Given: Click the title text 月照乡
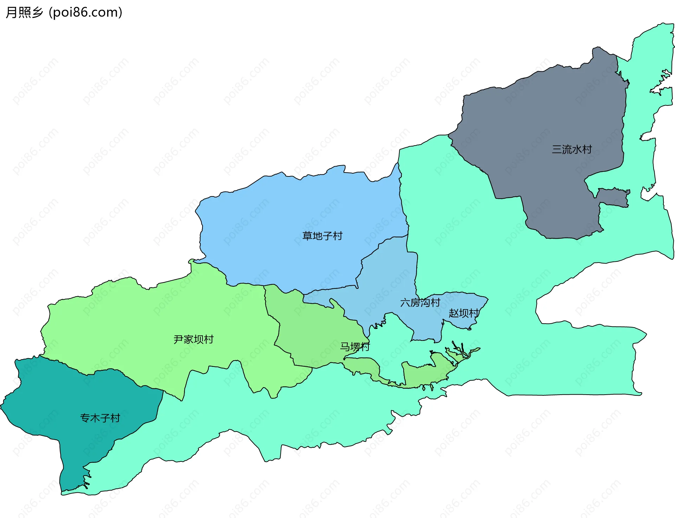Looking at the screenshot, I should tap(24, 12).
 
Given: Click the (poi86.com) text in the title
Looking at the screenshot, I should tap(85, 12).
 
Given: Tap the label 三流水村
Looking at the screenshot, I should tap(572, 149).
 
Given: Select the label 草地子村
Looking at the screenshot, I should tap(322, 236).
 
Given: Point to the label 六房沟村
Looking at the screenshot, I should tap(420, 303).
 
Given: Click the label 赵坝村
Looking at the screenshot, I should tap(463, 313).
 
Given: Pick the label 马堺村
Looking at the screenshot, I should tap(355, 347).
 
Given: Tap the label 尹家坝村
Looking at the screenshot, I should tap(194, 339).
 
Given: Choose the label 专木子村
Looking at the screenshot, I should tap(100, 418).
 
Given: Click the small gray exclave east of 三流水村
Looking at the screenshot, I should tap(613, 198).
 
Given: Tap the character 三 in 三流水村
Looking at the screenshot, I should tap(557, 149).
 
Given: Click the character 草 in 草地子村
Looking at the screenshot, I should tap(308, 236).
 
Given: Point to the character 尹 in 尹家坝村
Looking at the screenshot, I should tap(179, 339).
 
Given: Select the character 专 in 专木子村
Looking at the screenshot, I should tap(85, 418).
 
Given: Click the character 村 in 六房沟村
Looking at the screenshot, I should tap(435, 303).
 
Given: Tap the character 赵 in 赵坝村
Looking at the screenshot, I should tap(454, 313).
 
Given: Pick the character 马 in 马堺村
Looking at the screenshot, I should tap(345, 347).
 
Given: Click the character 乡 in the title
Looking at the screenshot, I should tap(37, 12).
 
